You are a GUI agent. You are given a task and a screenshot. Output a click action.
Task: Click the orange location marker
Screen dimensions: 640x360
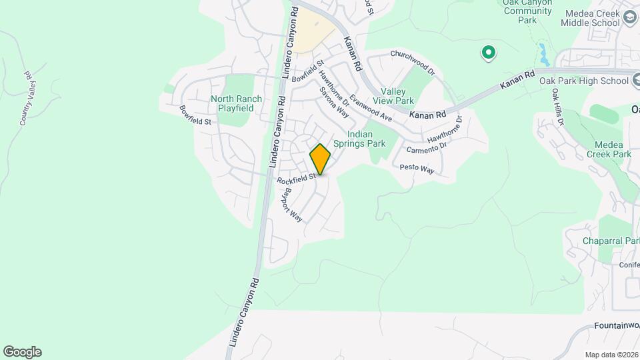pyautogui.click(x=321, y=159)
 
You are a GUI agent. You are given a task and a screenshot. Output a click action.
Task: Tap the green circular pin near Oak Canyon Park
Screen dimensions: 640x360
pyautogui.click(x=488, y=52)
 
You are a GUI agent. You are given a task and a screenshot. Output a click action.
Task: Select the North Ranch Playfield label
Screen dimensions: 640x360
pyautogui.click(x=237, y=103)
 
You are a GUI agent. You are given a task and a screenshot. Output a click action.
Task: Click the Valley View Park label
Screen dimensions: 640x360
pyautogui.click(x=397, y=96)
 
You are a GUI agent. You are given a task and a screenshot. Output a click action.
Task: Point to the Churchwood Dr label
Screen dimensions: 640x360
pyautogui.click(x=412, y=62)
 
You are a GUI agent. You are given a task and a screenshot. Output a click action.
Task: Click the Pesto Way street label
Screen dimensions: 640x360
pyautogui.click(x=417, y=169)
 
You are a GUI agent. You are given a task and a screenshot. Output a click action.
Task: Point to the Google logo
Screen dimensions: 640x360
pyautogui.click(x=22, y=352)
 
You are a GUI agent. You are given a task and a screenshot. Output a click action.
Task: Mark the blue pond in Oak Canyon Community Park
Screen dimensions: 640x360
pyautogui.click(x=543, y=52)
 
